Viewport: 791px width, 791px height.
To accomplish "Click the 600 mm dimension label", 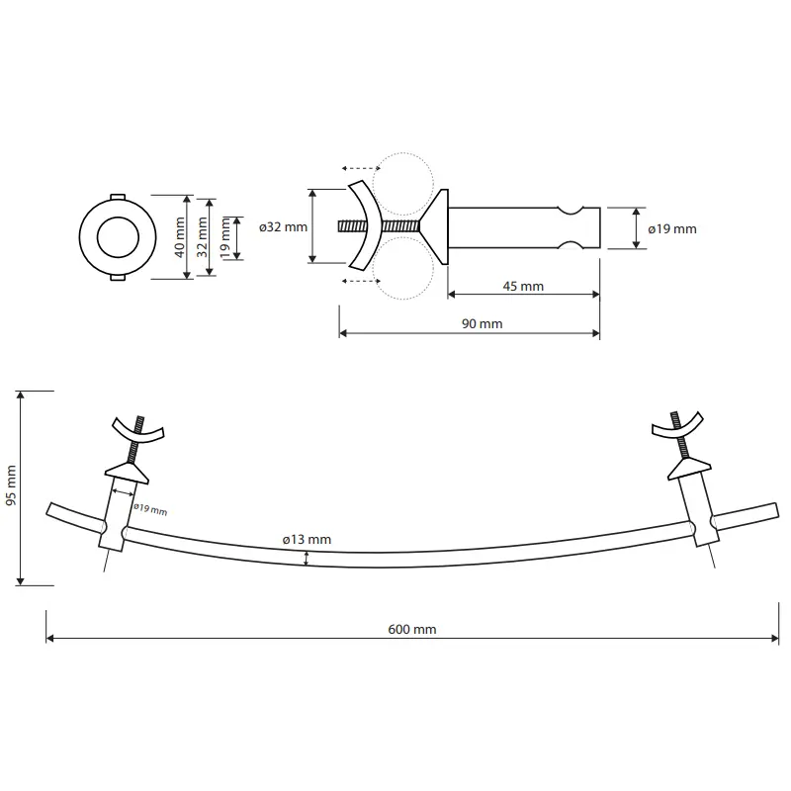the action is click(411, 629).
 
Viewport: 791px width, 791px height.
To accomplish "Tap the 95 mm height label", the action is click(11, 485).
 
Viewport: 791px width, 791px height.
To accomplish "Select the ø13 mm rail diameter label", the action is click(307, 539).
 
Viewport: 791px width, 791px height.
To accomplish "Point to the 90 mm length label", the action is click(483, 323).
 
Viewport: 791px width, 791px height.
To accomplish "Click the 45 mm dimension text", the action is click(523, 286).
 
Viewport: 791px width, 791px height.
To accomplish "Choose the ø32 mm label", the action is click(283, 227).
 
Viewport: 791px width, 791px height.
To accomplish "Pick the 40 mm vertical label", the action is click(180, 237).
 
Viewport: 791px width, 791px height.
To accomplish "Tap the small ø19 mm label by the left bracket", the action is click(150, 509).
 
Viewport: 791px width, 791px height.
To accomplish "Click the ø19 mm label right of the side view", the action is click(672, 229).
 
